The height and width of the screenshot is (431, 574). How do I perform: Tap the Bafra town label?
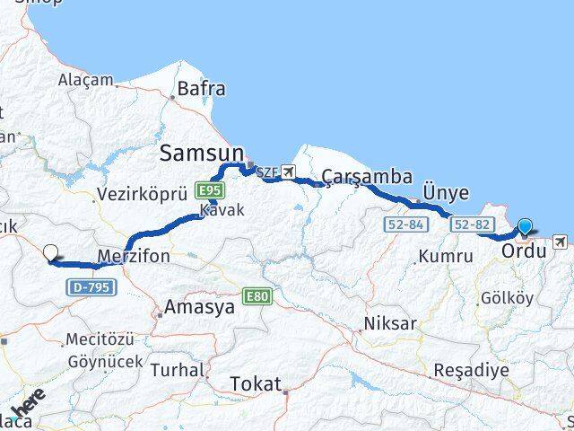[x=202, y=89]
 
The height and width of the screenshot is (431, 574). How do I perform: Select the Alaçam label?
[x=86, y=80]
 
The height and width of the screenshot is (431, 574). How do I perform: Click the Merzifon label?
[x=132, y=255]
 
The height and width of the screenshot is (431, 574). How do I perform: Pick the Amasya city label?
[x=198, y=307]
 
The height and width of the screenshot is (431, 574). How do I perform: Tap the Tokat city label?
[x=256, y=383]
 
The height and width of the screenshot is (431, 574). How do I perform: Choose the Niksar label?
[x=387, y=323]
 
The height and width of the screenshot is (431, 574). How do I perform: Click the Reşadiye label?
[x=471, y=370]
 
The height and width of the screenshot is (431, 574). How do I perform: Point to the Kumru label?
[x=445, y=256]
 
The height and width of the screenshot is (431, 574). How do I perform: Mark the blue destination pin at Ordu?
[x=525, y=227]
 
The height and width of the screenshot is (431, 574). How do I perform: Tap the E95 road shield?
[x=211, y=190]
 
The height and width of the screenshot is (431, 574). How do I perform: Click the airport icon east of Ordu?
[x=561, y=241]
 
